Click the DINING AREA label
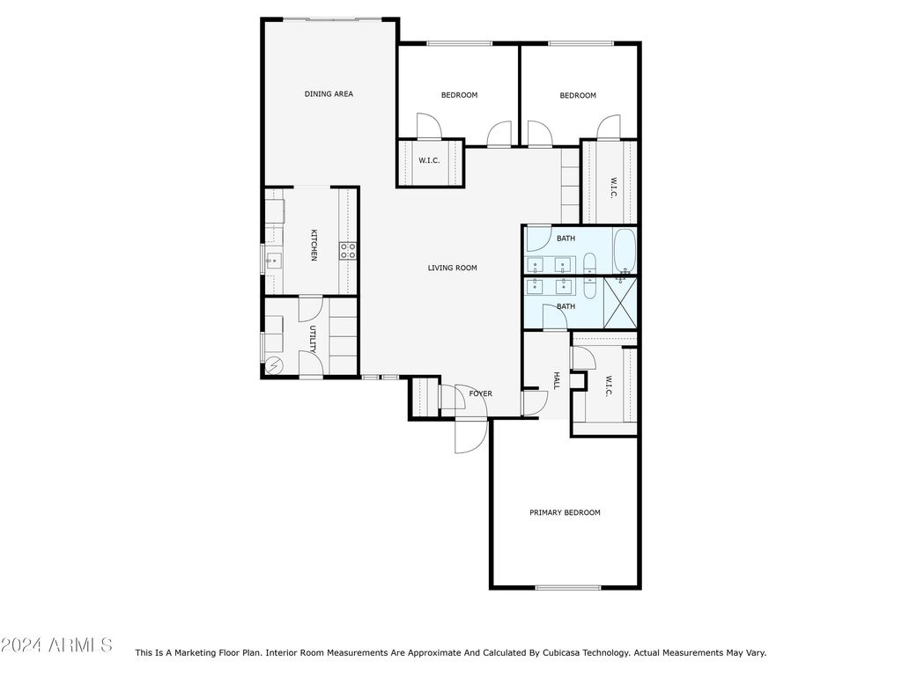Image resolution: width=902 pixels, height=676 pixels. (x=329, y=93)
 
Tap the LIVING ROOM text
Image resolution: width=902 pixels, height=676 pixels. (x=452, y=268)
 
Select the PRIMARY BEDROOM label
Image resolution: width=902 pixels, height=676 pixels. (x=565, y=513)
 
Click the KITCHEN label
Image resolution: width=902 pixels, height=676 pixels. (x=314, y=245)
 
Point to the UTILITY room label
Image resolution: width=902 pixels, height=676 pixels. (x=313, y=339)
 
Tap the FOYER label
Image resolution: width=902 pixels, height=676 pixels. (x=480, y=393)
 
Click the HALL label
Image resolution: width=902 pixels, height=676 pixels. (x=557, y=380)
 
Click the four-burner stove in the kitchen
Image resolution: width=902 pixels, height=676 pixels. (x=347, y=251)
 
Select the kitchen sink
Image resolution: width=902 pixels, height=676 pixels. (x=273, y=261)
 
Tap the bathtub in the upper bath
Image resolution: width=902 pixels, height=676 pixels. (x=625, y=251)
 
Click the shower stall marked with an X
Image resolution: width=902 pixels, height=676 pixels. (x=620, y=304)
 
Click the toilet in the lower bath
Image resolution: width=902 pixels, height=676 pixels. (x=590, y=287)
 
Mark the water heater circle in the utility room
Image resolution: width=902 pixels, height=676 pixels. (x=274, y=365)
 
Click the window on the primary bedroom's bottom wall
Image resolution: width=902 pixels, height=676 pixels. (x=568, y=587)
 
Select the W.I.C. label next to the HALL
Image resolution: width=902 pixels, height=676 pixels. (x=608, y=386)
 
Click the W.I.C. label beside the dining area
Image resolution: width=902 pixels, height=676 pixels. (x=429, y=160)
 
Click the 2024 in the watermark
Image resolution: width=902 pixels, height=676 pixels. (x=21, y=645)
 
